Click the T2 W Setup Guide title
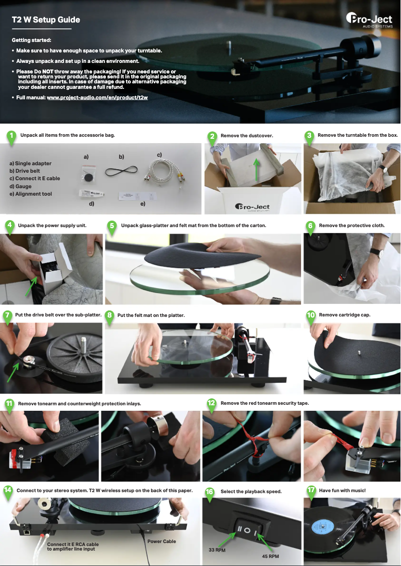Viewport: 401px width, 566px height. [46, 20]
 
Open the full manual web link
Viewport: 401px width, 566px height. [97, 97]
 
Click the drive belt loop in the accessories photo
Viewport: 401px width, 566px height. [121, 171]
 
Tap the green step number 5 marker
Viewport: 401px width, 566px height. [111, 226]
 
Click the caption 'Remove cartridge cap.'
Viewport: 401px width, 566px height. [344, 315]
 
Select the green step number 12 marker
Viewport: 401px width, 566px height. [211, 403]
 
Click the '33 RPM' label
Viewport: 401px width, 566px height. [217, 550]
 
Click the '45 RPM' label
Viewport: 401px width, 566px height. [270, 556]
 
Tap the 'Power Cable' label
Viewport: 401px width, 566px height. [161, 541]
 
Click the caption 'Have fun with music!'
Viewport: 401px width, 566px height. [342, 491]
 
